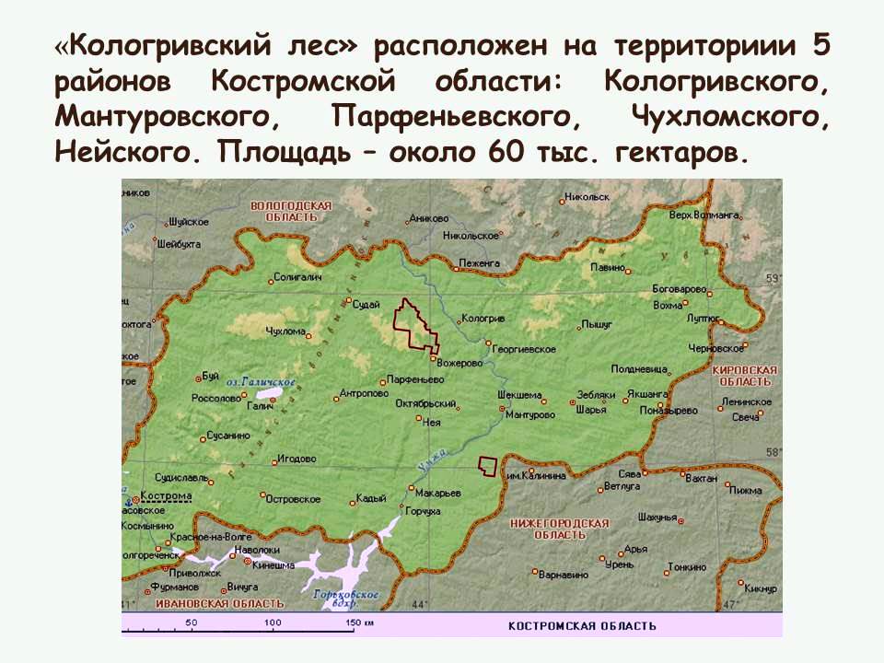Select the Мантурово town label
[530, 415]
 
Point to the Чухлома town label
[285, 331]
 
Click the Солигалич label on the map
[298, 277]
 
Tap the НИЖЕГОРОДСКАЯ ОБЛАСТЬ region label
[559, 529]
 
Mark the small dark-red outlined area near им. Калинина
[487, 466]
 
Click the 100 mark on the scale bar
[273, 623]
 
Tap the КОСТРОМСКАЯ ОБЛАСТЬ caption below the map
[582, 626]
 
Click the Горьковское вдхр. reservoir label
[346, 598]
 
